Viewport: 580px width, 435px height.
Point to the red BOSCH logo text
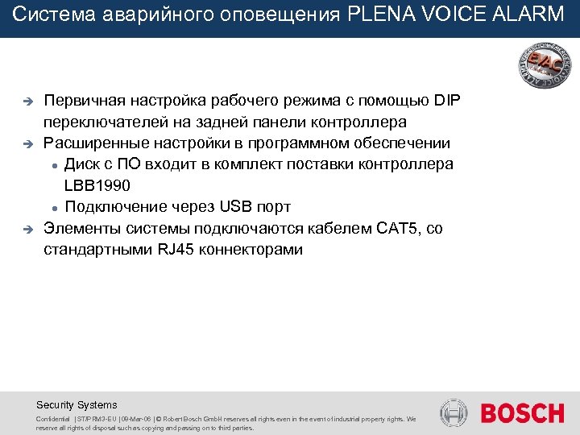[x=522, y=413]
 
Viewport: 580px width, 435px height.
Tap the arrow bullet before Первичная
[x=25, y=102]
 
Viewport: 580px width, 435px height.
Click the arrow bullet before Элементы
[x=25, y=230]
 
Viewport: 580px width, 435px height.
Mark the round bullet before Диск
[x=53, y=166]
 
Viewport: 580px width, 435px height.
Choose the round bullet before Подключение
[x=53, y=208]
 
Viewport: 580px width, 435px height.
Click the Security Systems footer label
[x=77, y=405]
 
